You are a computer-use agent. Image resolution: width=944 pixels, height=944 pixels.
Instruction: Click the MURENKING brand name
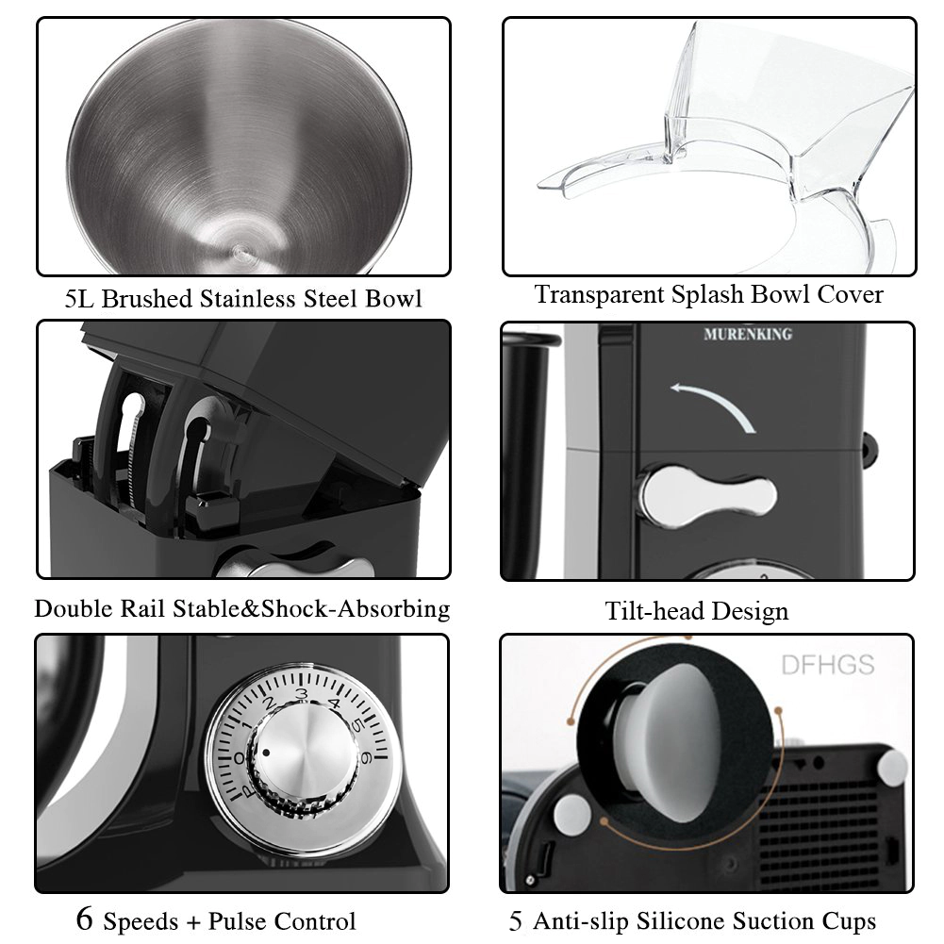pyautogui.click(x=748, y=334)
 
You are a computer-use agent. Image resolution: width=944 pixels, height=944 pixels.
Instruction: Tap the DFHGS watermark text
pyautogui.click(x=828, y=665)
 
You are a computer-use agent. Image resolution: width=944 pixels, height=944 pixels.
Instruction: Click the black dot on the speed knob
pyautogui.click(x=267, y=752)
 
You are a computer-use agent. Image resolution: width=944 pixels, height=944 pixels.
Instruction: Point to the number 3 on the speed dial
pyautogui.click(x=302, y=695)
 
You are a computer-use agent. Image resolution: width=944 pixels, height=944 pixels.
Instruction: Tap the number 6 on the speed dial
pyautogui.click(x=365, y=758)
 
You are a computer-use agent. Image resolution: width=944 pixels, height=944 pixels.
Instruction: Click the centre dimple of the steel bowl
pyautogui.click(x=240, y=249)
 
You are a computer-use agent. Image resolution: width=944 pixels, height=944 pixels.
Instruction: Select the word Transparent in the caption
pyautogui.click(x=599, y=295)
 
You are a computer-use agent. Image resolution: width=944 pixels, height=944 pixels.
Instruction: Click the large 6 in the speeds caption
pyautogui.click(x=85, y=918)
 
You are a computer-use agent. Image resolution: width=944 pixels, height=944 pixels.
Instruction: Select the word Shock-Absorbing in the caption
pyautogui.click(x=356, y=608)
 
